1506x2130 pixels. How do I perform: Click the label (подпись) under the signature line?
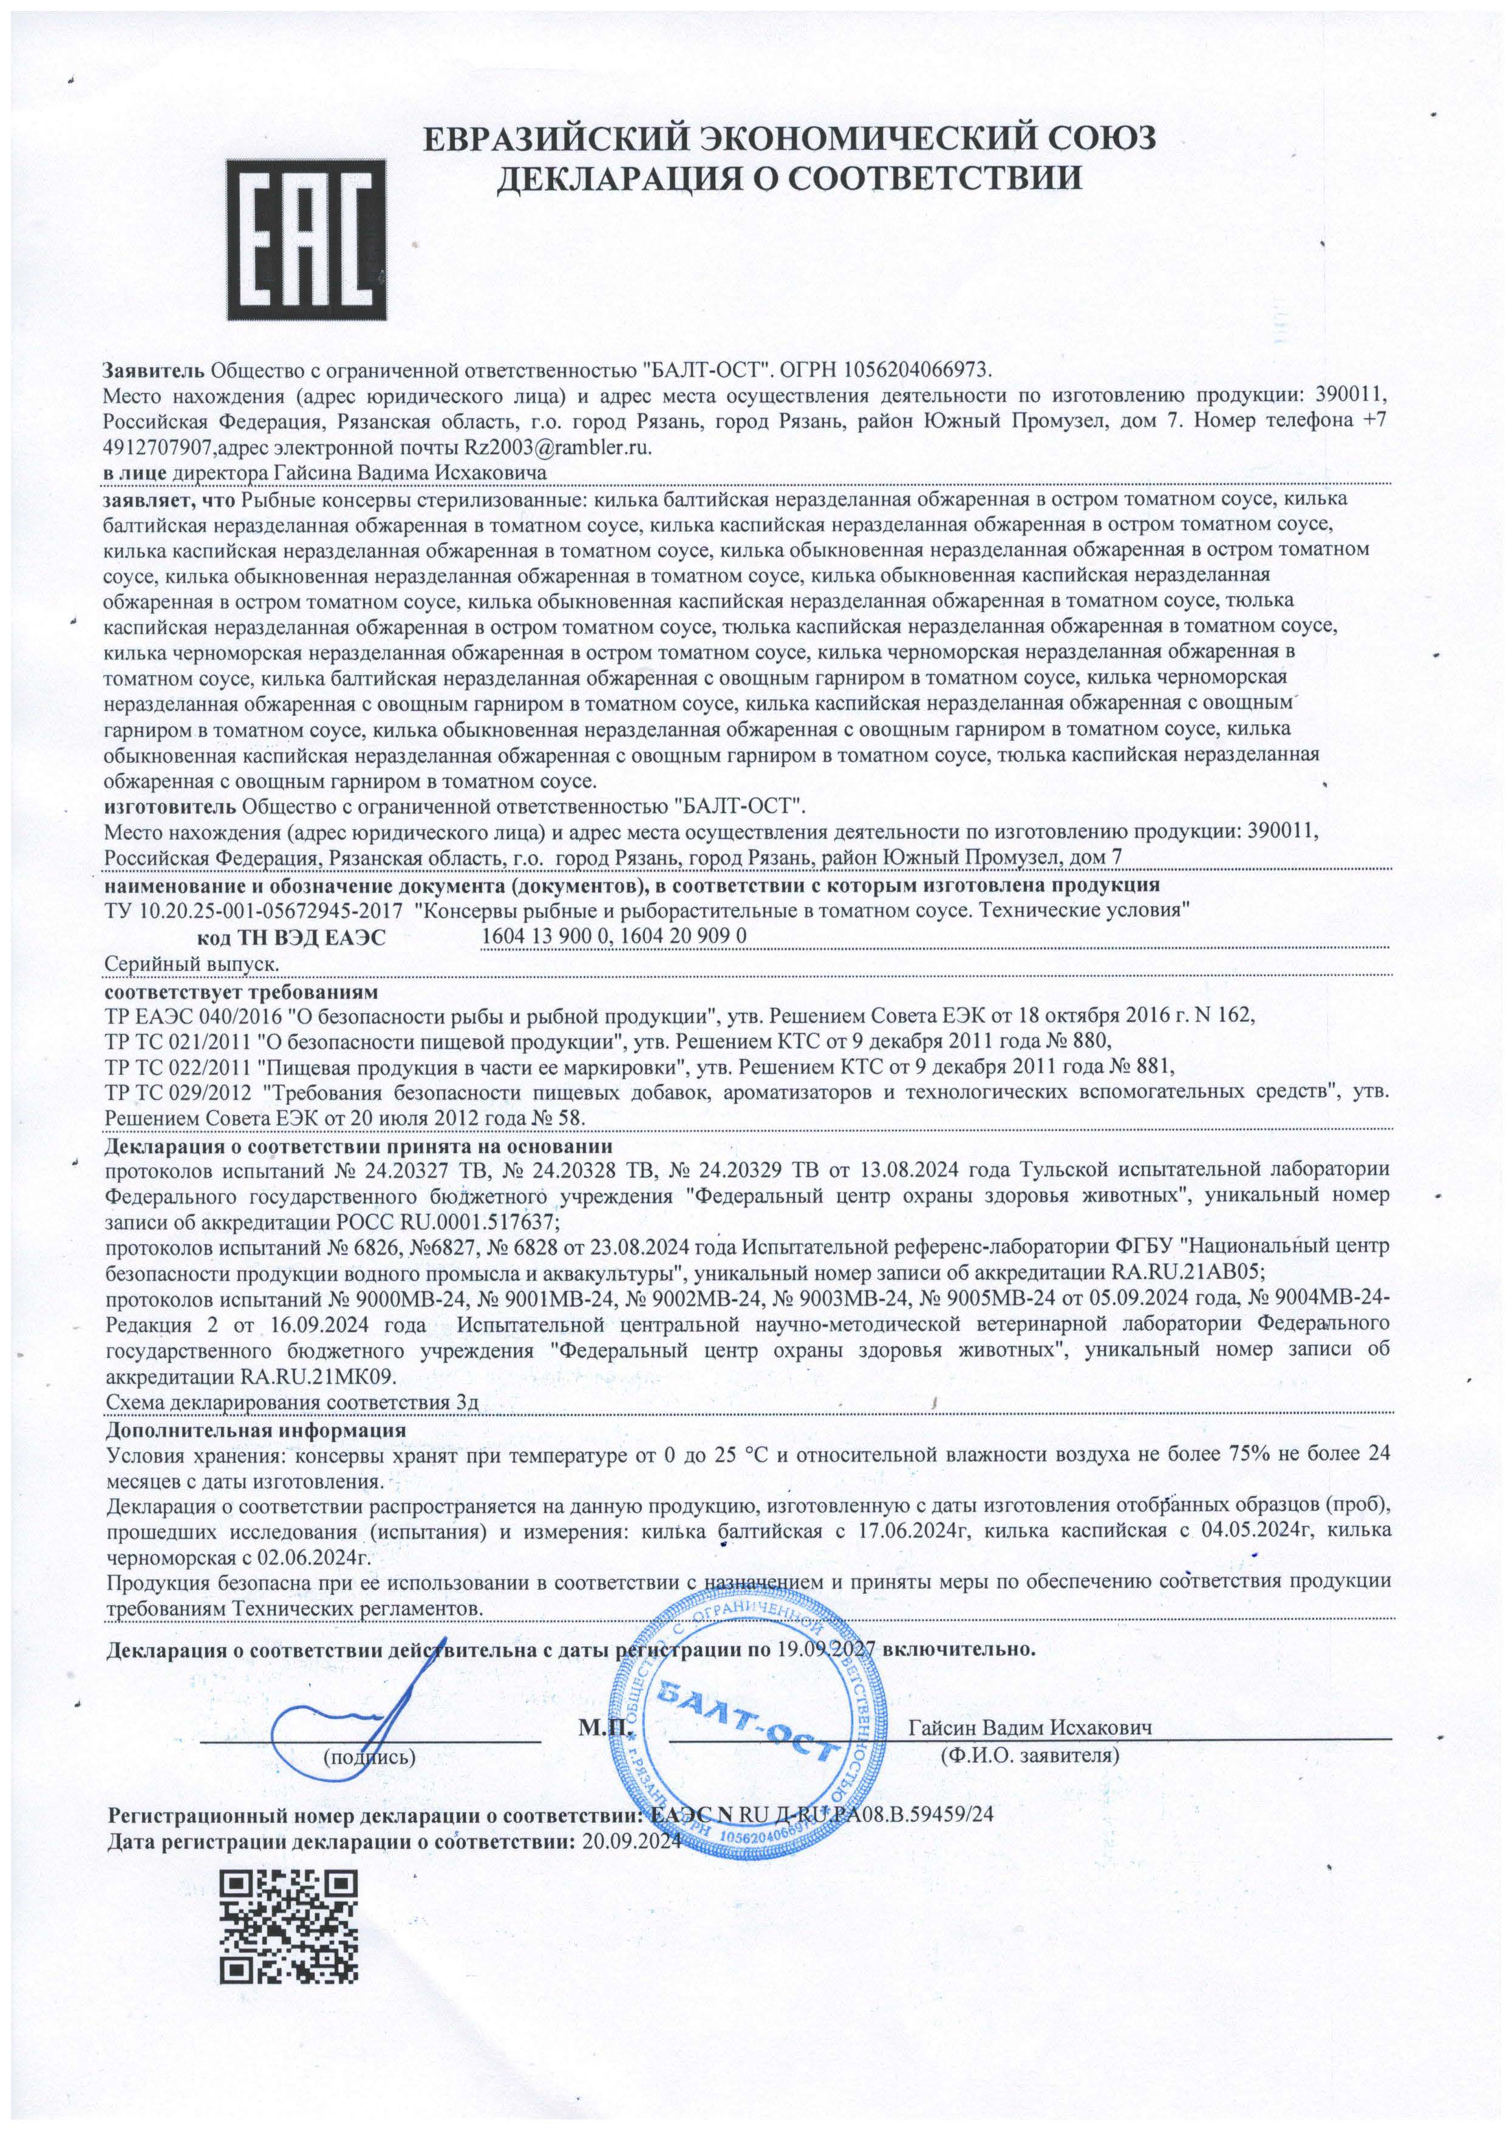[369, 1755]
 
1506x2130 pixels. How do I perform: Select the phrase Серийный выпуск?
[193, 964]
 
